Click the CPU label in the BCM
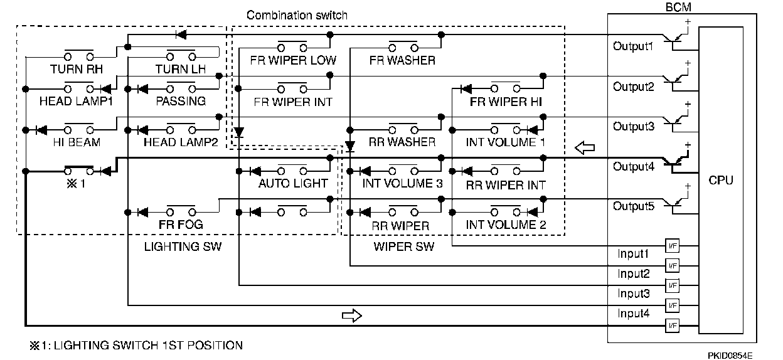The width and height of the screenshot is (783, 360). tap(720, 181)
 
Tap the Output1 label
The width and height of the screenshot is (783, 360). tap(633, 46)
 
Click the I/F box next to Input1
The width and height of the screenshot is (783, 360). tap(672, 246)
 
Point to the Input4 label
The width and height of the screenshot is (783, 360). tap(634, 313)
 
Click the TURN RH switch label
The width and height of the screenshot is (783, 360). tap(77, 69)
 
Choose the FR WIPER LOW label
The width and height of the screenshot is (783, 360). tap(293, 60)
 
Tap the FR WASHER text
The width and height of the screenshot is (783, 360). tap(402, 60)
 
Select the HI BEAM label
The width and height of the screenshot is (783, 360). tap(77, 142)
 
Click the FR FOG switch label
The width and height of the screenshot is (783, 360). tap(181, 225)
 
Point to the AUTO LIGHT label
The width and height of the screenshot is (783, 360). tap(293, 183)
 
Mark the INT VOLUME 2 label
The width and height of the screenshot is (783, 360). tap(506, 225)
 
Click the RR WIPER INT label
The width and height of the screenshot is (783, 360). tap(506, 185)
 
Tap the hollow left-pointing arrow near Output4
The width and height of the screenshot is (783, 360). tap(585, 148)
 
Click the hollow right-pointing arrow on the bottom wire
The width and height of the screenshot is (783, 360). tap(351, 315)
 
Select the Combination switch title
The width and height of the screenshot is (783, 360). tap(297, 15)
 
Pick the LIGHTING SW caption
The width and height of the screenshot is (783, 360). tap(183, 246)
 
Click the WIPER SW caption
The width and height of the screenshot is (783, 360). tap(404, 246)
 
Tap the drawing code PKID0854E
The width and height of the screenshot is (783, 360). tap(730, 356)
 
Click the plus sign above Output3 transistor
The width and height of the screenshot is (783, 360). tap(688, 104)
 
